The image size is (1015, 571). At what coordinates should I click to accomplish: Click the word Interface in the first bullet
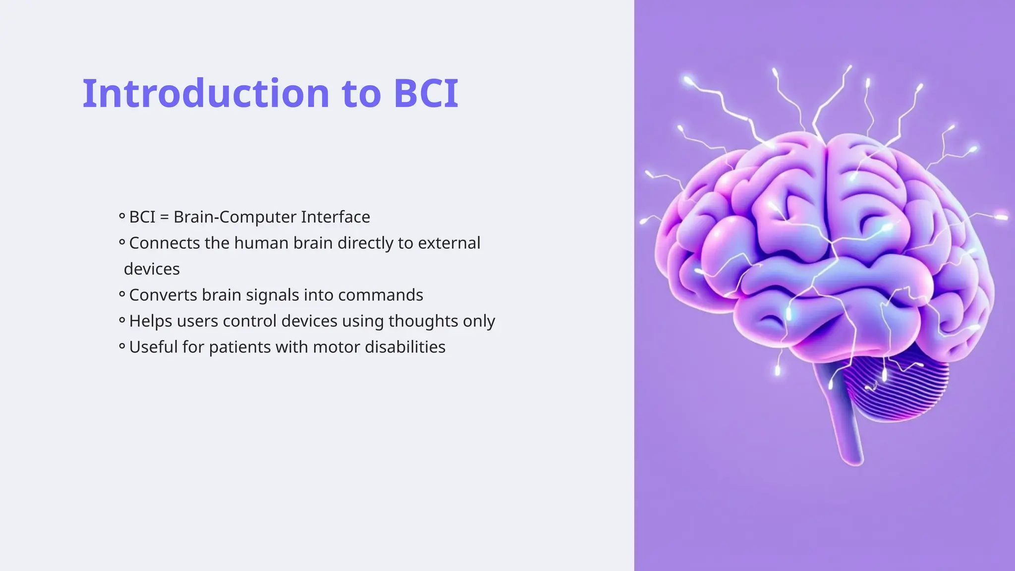coord(336,217)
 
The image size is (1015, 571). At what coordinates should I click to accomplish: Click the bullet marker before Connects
coord(122,242)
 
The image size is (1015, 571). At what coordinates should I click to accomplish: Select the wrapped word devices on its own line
coord(152,269)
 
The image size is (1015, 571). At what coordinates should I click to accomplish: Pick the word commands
coord(380,295)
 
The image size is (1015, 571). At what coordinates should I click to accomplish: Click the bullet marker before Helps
coord(122,320)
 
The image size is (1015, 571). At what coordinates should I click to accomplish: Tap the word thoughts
coord(423,321)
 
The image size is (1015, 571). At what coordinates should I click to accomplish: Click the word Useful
coord(153,347)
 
